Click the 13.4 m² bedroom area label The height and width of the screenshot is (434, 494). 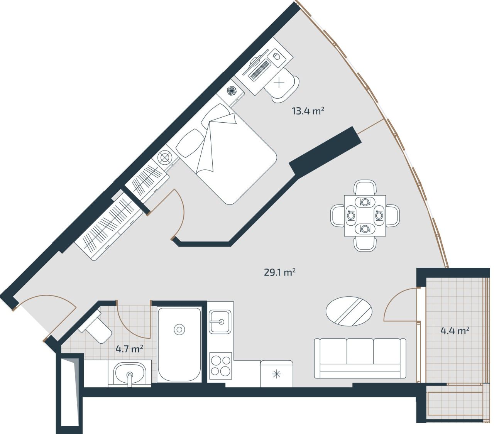308,111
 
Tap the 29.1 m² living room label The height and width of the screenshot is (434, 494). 280,272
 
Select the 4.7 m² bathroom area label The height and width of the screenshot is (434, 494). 130,349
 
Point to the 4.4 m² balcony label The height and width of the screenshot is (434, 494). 455,331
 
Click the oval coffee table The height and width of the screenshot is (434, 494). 349,311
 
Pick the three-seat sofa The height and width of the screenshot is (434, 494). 360,358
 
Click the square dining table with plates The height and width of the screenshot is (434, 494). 365,216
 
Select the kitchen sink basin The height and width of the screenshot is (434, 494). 220,321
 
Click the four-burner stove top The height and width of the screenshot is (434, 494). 220,365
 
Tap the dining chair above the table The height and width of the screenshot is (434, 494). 365,188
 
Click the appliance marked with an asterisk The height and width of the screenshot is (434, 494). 276,373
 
